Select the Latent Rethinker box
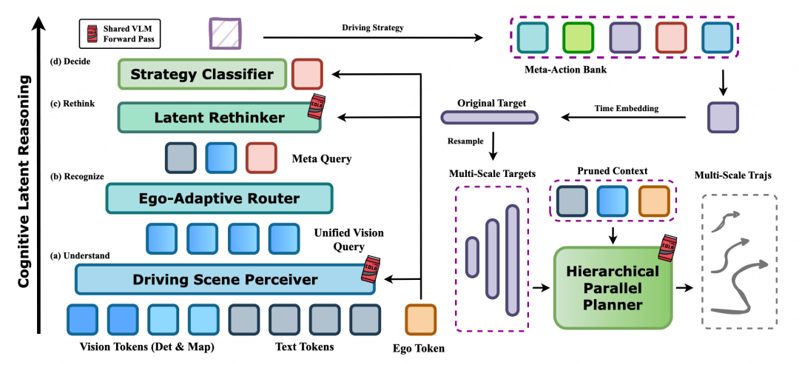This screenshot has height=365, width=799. [219, 117]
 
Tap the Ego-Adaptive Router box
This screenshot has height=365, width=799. [220, 198]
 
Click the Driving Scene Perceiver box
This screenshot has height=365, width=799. [225, 279]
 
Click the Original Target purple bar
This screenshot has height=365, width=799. [489, 117]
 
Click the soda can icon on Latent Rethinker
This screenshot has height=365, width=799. [317, 106]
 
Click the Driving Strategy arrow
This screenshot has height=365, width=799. [370, 37]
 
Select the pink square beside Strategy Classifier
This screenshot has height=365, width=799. [306, 75]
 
